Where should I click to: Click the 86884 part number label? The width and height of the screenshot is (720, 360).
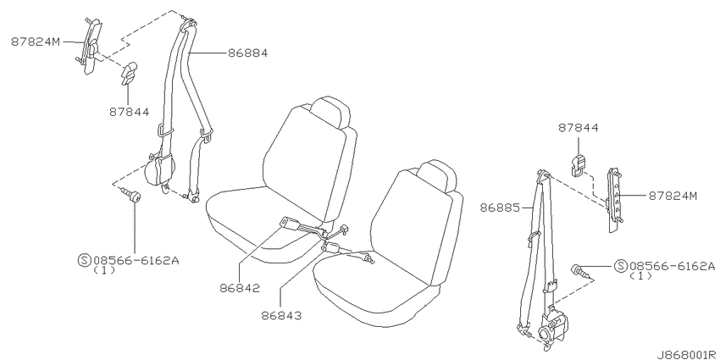pyautogui.click(x=247, y=53)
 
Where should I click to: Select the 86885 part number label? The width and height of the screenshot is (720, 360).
pyautogui.click(x=500, y=208)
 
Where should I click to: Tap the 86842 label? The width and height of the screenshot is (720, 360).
pyautogui.click(x=240, y=288)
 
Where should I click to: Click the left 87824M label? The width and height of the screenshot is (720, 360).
pyautogui.click(x=36, y=42)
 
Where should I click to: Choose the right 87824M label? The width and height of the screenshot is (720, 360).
pyautogui.click(x=673, y=196)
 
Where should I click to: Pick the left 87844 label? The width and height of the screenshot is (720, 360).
pyautogui.click(x=129, y=112)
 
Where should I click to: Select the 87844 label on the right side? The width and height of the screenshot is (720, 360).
pyautogui.click(x=578, y=128)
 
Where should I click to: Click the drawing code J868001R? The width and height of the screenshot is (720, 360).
pyautogui.click(x=688, y=355)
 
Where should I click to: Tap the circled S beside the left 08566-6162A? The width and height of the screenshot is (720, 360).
pyautogui.click(x=84, y=260)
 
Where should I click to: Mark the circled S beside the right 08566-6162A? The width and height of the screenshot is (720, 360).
pyautogui.click(x=620, y=265)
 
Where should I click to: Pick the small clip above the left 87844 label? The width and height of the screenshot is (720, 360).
pyautogui.click(x=129, y=73)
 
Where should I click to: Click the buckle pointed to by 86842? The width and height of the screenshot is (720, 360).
pyautogui.click(x=291, y=224)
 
